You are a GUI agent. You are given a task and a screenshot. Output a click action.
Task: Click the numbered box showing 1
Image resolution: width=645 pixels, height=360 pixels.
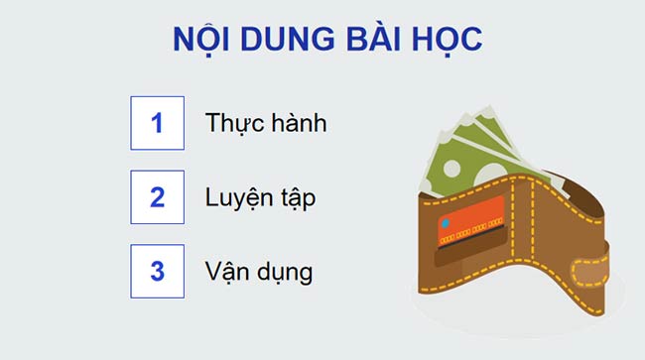157,123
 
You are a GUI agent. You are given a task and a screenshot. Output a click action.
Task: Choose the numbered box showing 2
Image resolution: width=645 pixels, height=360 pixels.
157,196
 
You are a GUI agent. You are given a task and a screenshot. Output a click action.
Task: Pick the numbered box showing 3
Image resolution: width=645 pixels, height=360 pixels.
157,271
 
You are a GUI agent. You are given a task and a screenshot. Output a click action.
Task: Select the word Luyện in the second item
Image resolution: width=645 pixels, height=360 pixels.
239,197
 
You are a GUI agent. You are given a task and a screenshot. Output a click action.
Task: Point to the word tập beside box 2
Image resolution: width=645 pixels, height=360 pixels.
296,197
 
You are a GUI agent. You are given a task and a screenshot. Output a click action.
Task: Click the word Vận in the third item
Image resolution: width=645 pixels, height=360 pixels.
227,271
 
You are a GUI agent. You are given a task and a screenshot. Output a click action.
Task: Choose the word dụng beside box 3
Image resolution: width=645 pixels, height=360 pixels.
285,272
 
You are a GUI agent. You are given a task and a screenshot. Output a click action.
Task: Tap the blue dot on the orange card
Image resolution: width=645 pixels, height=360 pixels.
446,221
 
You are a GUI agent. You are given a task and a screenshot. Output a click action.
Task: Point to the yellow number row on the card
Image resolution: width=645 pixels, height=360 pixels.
471,237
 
